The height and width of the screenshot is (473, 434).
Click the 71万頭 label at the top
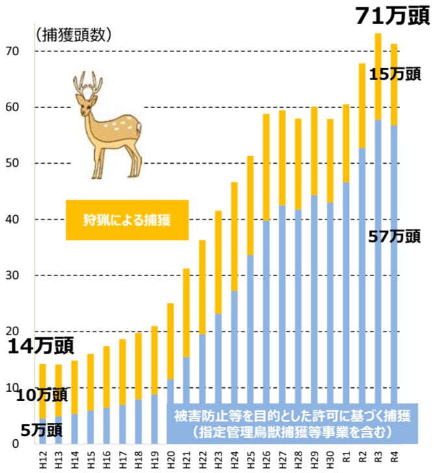[392, 16]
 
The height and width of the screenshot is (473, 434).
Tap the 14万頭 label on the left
[40, 346]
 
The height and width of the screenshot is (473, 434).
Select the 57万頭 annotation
[394, 237]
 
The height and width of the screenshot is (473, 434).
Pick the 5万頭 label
[40, 429]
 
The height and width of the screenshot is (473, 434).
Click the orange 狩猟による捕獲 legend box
[127, 220]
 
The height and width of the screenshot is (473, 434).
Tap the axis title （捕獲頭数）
[73, 34]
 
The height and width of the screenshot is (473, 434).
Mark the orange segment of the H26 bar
[266, 167]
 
